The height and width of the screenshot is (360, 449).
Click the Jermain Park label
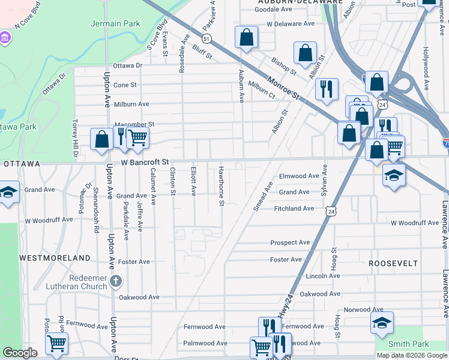coord(115,24)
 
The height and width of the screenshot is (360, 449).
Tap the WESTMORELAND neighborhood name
coord(55,257)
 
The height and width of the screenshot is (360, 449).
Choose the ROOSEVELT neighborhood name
coord(393,263)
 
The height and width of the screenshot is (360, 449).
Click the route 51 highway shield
coord(206,38)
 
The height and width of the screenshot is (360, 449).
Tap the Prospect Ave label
coord(290,242)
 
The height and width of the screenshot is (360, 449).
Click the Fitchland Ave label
coord(294,208)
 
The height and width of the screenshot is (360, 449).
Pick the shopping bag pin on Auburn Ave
coord(246,38)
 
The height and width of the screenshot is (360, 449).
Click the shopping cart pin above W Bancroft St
coord(138,137)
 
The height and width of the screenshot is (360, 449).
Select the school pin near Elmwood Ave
coord(394,175)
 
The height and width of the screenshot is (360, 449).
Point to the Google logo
coord(20,353)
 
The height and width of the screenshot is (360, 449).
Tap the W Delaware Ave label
coord(291,24)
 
